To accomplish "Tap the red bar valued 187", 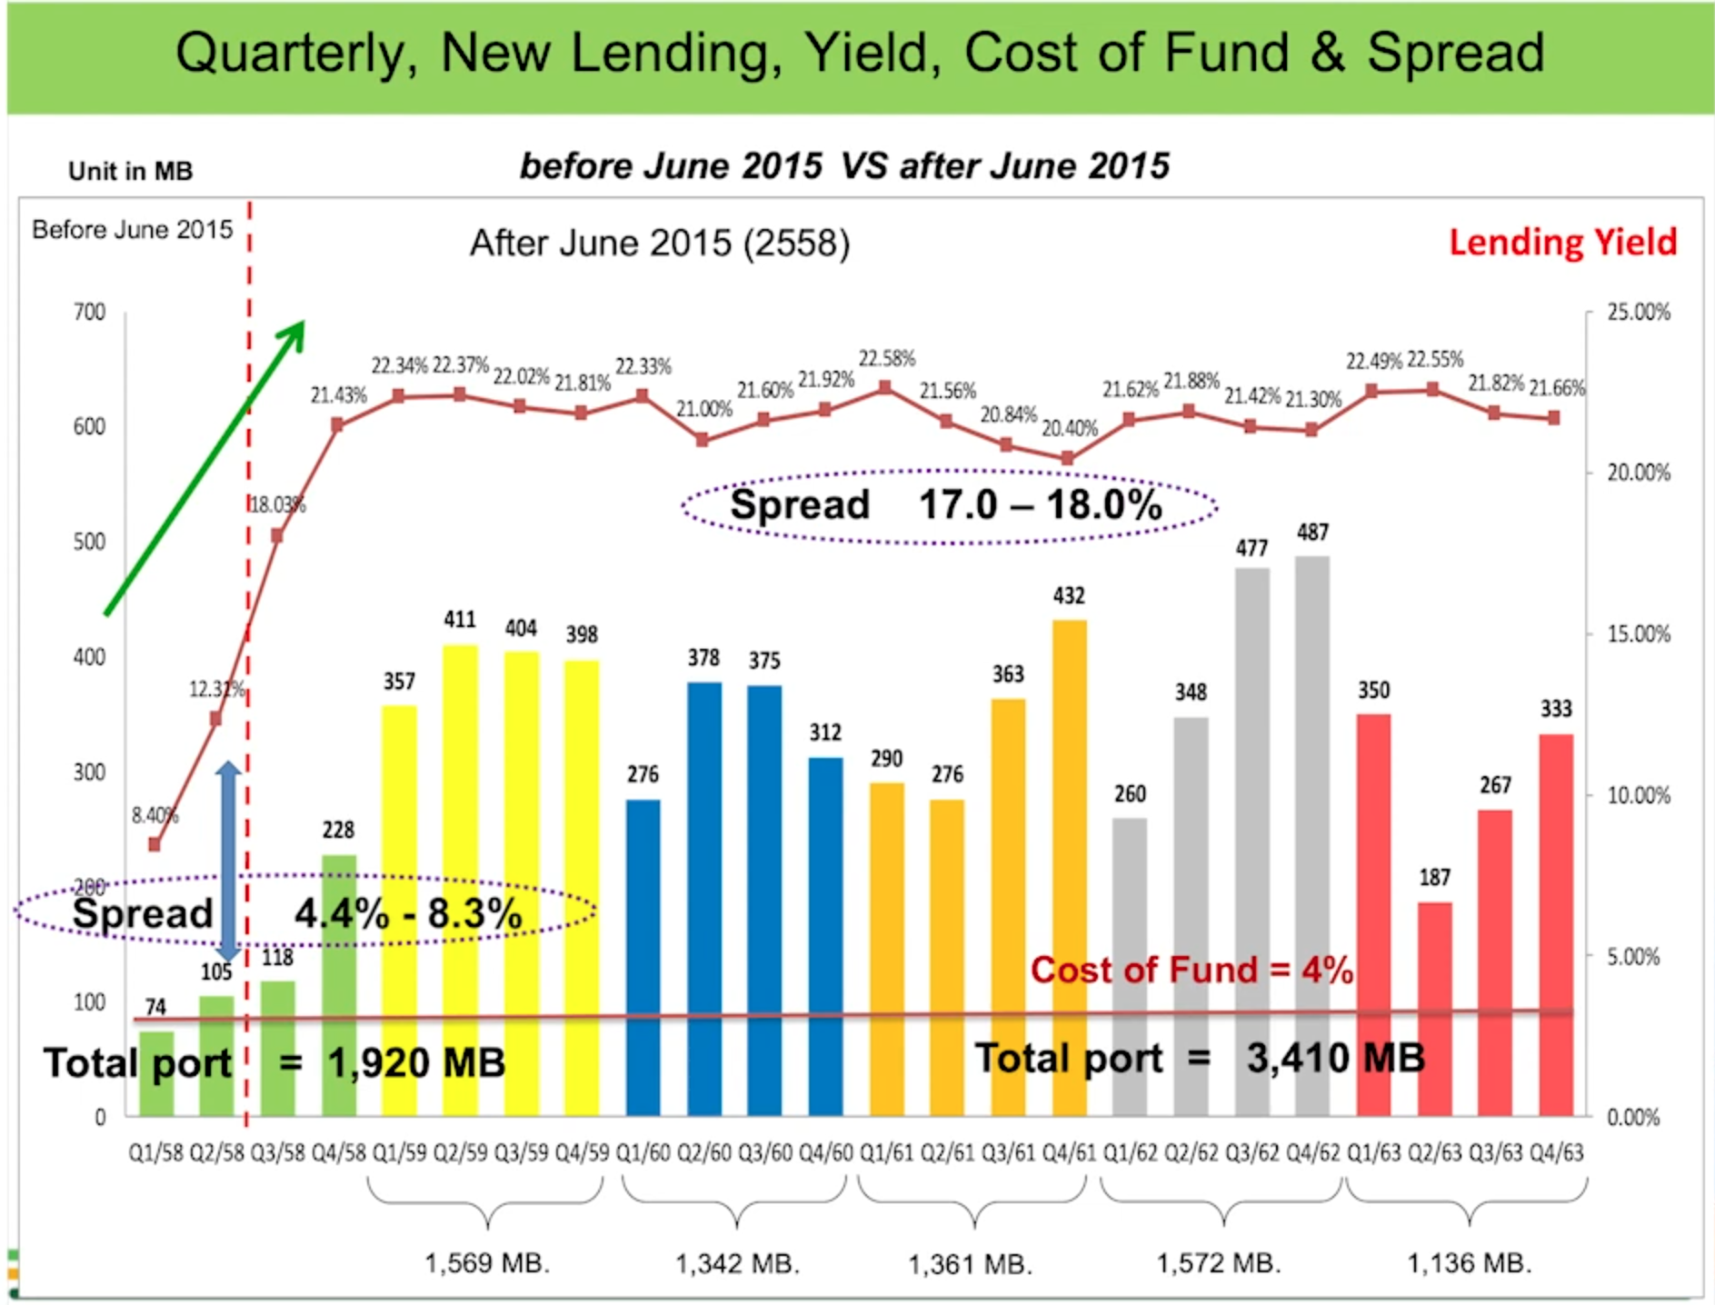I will click(1434, 1009).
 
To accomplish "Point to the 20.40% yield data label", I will click(1069, 428).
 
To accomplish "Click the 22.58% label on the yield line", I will click(886, 359).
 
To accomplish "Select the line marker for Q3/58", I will click(277, 536).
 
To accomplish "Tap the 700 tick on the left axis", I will click(89, 313).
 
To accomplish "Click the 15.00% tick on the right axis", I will click(1638, 634).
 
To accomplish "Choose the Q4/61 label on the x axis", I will click(1069, 1153).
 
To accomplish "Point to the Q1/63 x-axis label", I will click(1373, 1153).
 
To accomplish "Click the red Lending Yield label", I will click(1562, 243).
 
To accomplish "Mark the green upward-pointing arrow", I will click(205, 468).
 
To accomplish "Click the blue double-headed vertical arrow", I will click(228, 862).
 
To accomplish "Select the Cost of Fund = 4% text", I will click(1191, 971).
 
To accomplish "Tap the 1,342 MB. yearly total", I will click(737, 1263).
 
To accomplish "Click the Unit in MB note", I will click(130, 171).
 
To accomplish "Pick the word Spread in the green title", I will click(1455, 53).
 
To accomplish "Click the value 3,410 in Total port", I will click(1296, 1058).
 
